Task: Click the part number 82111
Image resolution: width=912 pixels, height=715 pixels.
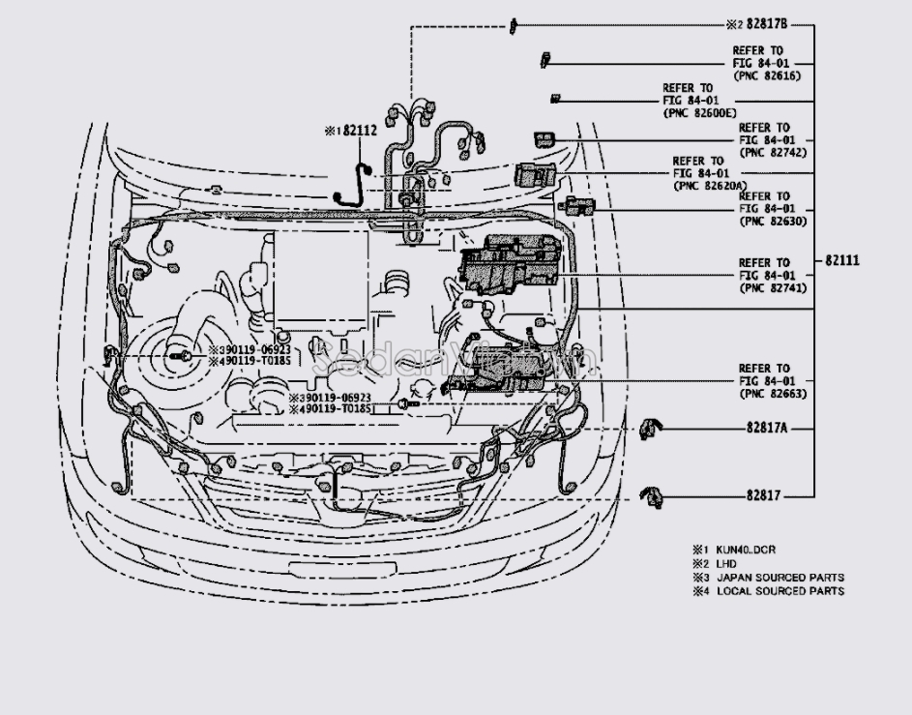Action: tap(843, 261)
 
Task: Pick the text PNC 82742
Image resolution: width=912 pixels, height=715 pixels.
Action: tap(772, 153)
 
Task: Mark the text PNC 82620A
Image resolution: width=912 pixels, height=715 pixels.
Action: tap(707, 186)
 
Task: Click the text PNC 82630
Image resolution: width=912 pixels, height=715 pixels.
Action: tap(772, 222)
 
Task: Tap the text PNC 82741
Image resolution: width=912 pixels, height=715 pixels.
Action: tap(772, 288)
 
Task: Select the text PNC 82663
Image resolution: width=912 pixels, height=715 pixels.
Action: tap(772, 394)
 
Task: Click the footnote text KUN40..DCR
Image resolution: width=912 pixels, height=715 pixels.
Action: tap(746, 551)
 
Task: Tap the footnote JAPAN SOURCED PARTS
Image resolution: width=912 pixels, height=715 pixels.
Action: tap(780, 578)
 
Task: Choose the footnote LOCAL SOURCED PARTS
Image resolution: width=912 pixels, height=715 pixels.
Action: tap(780, 591)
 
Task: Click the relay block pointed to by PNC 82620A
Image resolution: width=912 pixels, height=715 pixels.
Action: tap(534, 174)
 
